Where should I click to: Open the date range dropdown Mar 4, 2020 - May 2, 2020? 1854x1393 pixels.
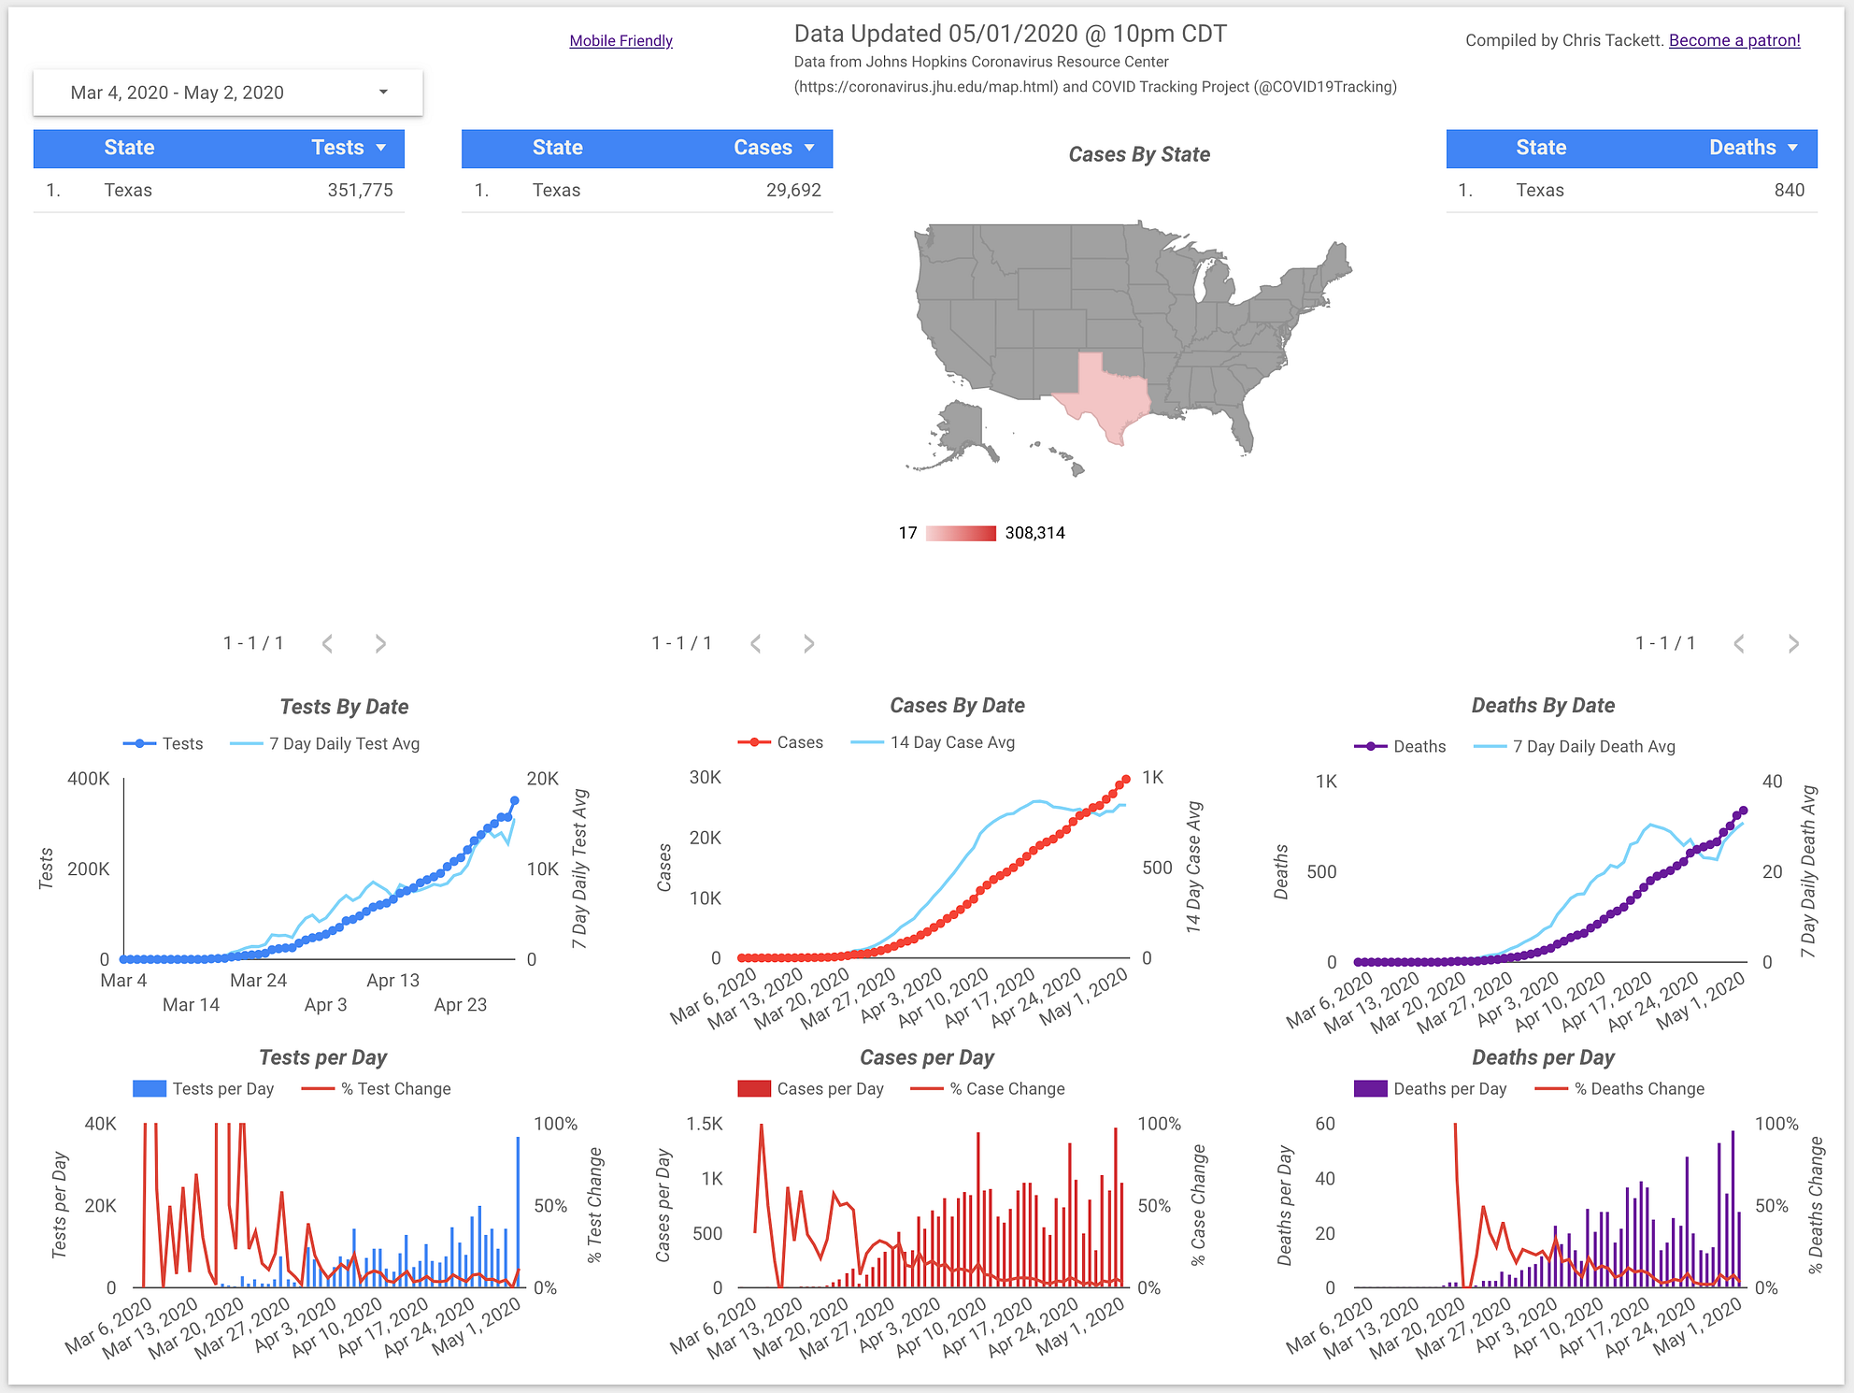coord(227,93)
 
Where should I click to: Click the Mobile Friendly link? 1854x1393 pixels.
coord(620,41)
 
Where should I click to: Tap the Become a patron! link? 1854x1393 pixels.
coord(1733,40)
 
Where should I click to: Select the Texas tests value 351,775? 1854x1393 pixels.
coord(360,191)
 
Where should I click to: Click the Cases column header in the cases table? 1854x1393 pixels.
coord(763,148)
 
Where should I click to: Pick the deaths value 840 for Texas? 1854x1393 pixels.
coord(1789,191)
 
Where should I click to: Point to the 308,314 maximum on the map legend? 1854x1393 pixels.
coord(1034,533)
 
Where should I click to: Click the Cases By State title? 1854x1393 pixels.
coord(1138,155)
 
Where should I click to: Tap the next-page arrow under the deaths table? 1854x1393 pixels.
coord(1792,643)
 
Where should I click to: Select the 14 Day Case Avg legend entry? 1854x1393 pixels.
coord(951,742)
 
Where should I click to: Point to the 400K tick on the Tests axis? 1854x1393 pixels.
coord(89,779)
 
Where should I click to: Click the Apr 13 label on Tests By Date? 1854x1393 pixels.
coord(392,981)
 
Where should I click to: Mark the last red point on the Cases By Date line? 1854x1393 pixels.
coord(1125,779)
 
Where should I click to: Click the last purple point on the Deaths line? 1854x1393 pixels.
coord(1742,811)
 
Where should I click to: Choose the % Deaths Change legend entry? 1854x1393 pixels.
coord(1637,1089)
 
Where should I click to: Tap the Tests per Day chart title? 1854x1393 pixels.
coord(322,1058)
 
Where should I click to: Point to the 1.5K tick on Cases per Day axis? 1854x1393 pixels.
coord(705,1124)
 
